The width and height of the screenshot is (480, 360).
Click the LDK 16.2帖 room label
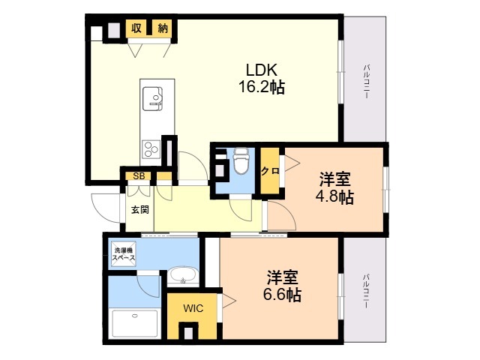[262, 78]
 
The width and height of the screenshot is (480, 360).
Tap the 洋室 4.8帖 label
[334, 188]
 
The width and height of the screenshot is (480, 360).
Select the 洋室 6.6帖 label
[282, 286]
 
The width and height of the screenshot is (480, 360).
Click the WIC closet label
[193, 308]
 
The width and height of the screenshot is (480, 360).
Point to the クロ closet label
[270, 171]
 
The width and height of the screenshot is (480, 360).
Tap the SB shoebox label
[139, 176]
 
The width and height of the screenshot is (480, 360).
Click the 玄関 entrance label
[140, 210]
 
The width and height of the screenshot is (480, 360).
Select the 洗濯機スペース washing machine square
[123, 254]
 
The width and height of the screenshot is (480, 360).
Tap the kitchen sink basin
[152, 98]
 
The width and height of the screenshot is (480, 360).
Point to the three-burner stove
[151, 149]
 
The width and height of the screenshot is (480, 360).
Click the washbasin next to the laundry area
[183, 275]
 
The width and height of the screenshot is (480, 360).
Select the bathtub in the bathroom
[135, 324]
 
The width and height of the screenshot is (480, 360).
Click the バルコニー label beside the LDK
[365, 82]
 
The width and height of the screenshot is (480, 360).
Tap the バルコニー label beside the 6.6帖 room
[365, 291]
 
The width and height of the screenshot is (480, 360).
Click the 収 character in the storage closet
[136, 28]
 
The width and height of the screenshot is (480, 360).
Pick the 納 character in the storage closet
[163, 28]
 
